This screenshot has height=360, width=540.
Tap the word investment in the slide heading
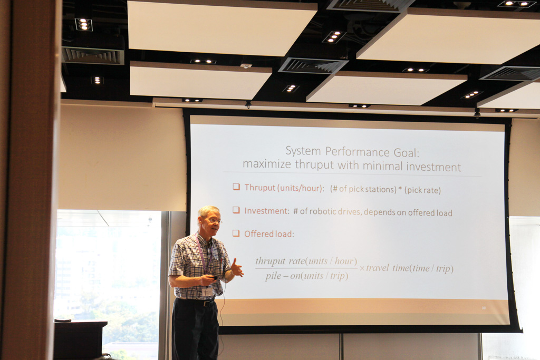click(x=433, y=167)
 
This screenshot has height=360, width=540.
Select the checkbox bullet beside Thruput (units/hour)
click(x=236, y=187)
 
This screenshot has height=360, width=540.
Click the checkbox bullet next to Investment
click(x=236, y=210)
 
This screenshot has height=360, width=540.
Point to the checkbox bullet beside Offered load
click(x=236, y=233)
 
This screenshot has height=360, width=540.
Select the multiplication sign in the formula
click(x=362, y=268)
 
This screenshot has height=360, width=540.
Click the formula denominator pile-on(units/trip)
click(x=306, y=276)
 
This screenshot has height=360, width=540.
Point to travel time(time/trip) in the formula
click(x=410, y=268)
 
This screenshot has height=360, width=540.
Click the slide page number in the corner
click(x=484, y=308)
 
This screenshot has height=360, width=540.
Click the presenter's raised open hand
click(x=237, y=268)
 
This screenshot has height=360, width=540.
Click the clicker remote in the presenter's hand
click(x=214, y=278)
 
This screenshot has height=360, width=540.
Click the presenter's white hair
click(x=208, y=211)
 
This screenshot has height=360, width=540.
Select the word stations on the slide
click(x=381, y=189)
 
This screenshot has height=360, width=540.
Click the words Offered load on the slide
click(x=269, y=234)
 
